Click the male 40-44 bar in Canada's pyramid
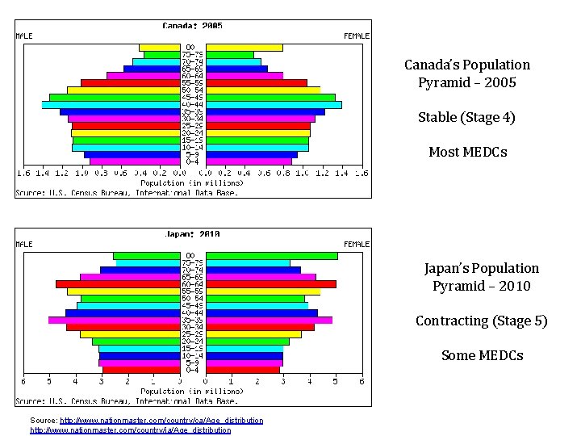pyautogui.click(x=111, y=105)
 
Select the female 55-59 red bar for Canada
pyautogui.click(x=256, y=82)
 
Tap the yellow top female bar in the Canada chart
pyautogui.click(x=244, y=48)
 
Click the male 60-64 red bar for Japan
pyautogui.click(x=117, y=284)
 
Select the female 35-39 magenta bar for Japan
pyautogui.click(x=269, y=320)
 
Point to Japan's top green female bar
pyautogui.click(x=271, y=256)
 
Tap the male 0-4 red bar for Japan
pyautogui.click(x=141, y=370)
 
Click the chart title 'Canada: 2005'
pyautogui.click(x=193, y=26)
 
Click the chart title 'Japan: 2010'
pyautogui.click(x=193, y=234)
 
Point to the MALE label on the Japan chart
pyautogui.click(x=24, y=244)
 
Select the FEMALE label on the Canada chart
pyautogui.click(x=357, y=36)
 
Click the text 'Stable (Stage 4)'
pyautogui.click(x=466, y=118)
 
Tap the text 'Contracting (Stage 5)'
pyautogui.click(x=481, y=321)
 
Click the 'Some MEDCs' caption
pyautogui.click(x=482, y=355)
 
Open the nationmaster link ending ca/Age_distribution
pyautogui.click(x=161, y=421)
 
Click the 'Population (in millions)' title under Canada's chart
pyautogui.click(x=192, y=183)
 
